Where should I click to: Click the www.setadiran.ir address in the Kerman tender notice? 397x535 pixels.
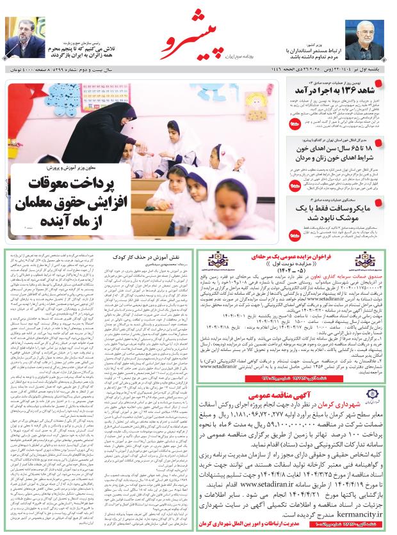(x=284, y=476)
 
